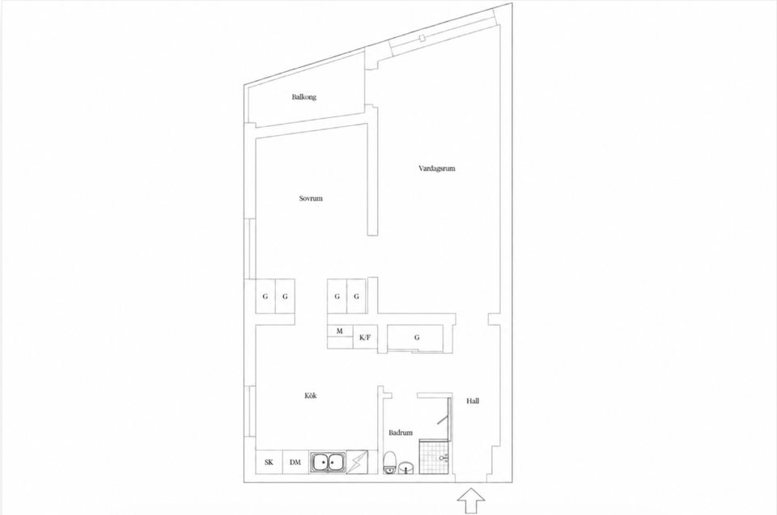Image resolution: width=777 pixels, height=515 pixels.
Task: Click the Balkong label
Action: [x=304, y=97]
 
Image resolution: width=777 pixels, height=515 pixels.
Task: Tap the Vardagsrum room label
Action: [x=436, y=168]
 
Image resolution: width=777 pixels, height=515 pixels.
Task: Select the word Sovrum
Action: [x=311, y=199]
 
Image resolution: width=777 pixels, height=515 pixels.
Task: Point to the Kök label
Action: [x=310, y=395]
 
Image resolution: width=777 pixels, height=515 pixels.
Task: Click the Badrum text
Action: [x=401, y=433]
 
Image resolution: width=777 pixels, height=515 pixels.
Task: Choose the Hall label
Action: [x=473, y=401]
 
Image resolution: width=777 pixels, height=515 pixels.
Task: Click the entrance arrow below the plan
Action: [x=472, y=501]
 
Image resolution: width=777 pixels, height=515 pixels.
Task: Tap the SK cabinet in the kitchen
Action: [x=269, y=462]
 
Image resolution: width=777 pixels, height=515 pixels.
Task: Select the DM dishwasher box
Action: [x=296, y=462]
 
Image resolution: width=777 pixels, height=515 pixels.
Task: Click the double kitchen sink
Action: [x=328, y=462]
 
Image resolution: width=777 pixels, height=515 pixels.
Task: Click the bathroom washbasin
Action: [x=406, y=467]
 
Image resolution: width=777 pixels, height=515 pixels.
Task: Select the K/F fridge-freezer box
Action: [x=365, y=338]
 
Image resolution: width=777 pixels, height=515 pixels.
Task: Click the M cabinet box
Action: [x=340, y=331]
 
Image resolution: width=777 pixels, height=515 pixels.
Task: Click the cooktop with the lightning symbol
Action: [x=357, y=462]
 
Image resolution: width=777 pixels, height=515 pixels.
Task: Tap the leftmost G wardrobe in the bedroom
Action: [x=265, y=296]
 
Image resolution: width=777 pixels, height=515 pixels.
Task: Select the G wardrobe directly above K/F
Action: [x=356, y=296]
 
